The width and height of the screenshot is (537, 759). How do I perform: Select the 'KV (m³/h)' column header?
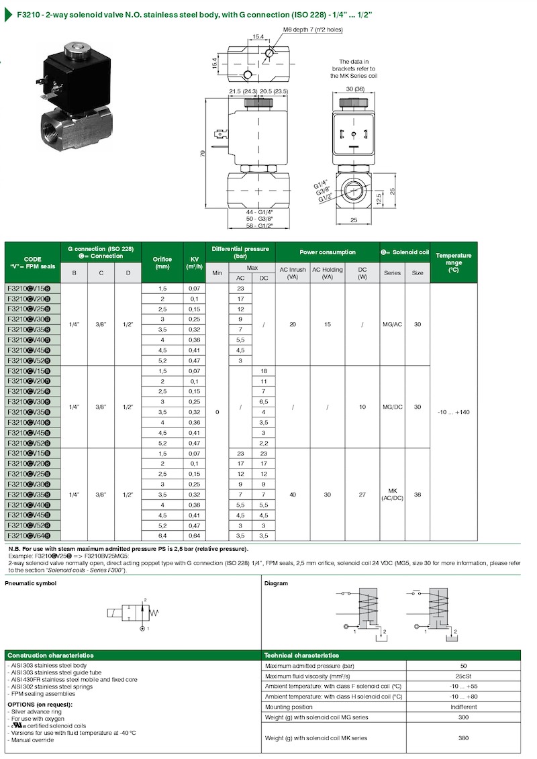click(193, 262)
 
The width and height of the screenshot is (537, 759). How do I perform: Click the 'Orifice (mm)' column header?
click(162, 262)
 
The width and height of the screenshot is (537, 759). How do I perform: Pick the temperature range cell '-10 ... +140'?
click(452, 411)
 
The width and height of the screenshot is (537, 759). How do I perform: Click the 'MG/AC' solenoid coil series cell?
click(392, 324)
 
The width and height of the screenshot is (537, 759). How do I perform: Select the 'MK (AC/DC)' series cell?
click(392, 494)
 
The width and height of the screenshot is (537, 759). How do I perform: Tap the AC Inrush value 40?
click(292, 494)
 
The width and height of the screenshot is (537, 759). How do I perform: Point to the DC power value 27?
click(362, 494)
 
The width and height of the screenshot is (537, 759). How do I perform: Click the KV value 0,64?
click(193, 536)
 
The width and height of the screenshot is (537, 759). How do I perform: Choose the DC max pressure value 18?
click(263, 370)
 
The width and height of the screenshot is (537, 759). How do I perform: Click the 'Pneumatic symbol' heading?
click(31, 583)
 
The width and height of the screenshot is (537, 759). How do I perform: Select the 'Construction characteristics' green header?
click(50, 655)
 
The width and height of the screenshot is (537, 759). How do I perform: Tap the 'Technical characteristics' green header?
click(301, 655)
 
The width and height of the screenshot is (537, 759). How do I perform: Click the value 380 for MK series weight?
click(463, 738)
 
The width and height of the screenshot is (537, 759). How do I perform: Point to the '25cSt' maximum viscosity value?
click(463, 676)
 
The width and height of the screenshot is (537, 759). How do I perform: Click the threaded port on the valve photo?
click(52, 125)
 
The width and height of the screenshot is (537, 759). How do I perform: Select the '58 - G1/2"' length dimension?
click(258, 226)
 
